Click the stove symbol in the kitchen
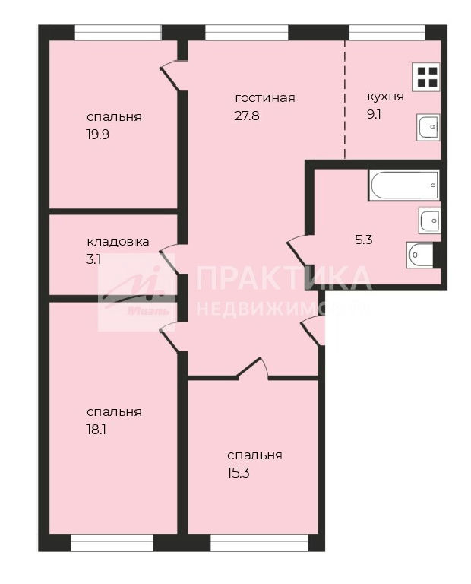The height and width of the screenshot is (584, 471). tap(426, 78)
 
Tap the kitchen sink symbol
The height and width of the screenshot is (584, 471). tap(428, 127)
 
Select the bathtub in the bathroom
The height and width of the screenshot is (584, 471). tap(404, 185)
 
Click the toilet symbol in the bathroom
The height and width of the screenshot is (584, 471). tap(420, 255)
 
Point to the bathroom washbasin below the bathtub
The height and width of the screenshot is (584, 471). tap(430, 221)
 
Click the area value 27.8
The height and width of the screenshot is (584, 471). tap(247, 116)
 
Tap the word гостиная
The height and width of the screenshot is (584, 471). tap(265, 98)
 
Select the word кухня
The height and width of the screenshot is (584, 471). tap(385, 97)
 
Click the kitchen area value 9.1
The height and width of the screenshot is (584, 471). tap(374, 114)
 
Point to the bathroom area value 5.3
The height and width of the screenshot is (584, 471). tap(363, 240)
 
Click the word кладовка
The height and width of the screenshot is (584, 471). tap(118, 242)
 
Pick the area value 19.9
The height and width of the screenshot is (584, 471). tap(97, 135)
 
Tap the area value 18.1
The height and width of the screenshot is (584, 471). tap(96, 430)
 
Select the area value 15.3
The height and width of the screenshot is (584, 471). tap(238, 473)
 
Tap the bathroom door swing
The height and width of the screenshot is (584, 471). tap(301, 251)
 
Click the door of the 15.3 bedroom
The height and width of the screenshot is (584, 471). tap(253, 369)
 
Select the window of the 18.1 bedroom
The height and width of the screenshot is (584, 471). tap(112, 543)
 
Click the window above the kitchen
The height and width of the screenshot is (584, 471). tap(387, 33)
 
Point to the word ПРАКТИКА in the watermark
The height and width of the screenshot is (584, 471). tap(283, 278)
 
